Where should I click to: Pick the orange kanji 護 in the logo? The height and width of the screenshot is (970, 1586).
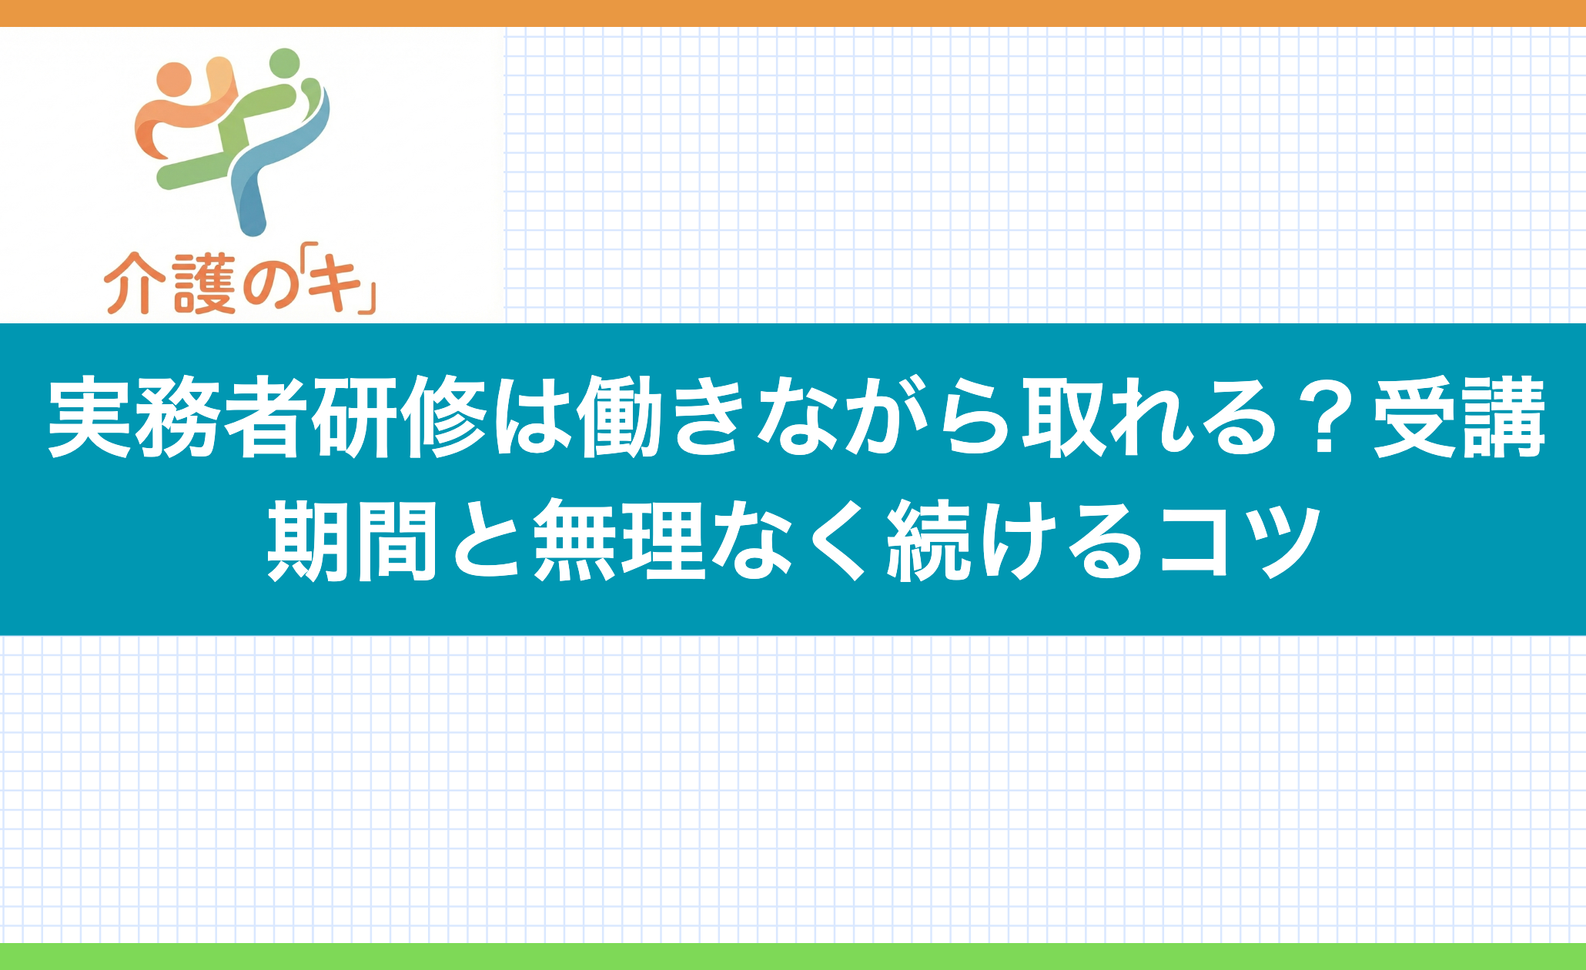[204, 284]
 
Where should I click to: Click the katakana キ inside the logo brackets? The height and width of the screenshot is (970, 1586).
[336, 284]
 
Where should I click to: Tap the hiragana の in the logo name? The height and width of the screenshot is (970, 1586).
[270, 286]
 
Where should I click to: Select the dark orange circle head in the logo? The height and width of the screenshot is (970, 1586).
[172, 79]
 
